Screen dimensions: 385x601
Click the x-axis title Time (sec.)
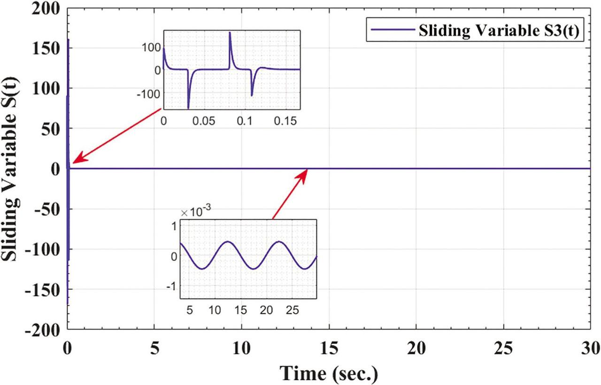[x=329, y=373]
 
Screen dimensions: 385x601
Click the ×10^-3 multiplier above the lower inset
[x=195, y=212]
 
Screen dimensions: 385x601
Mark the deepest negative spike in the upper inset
[x=188, y=108]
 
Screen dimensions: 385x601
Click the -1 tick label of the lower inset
[x=173, y=286]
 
